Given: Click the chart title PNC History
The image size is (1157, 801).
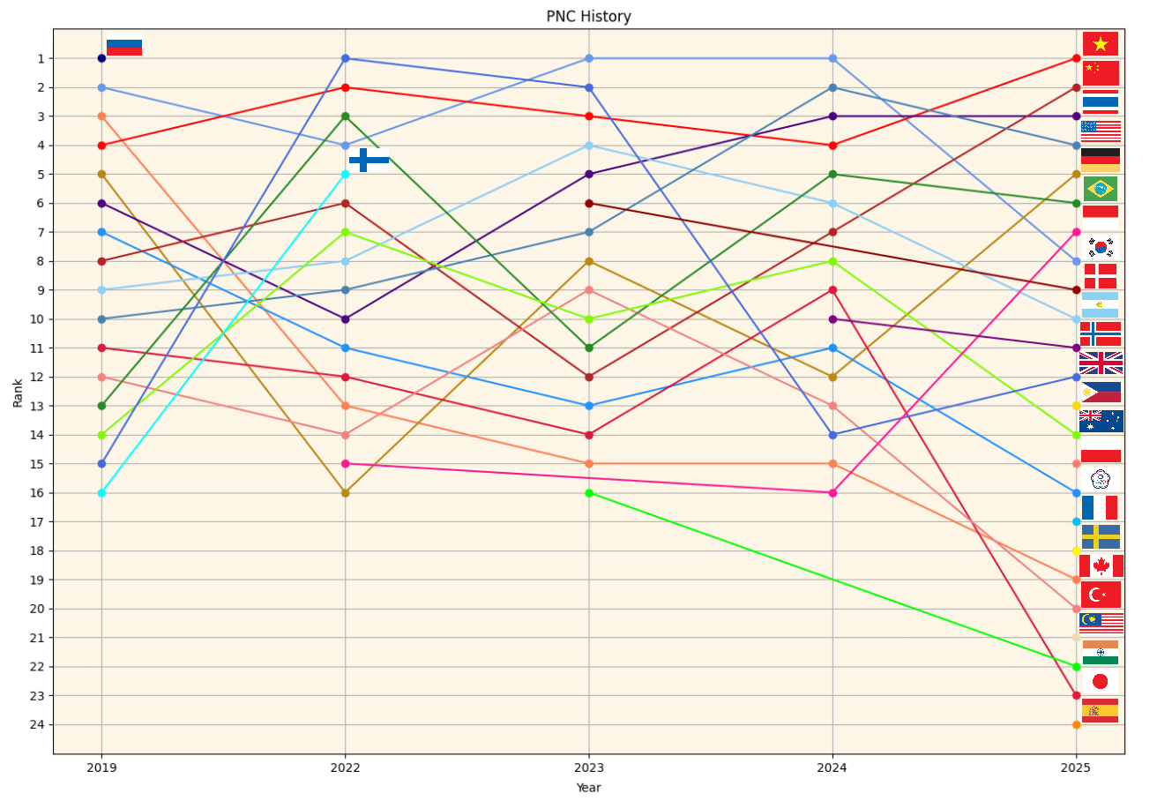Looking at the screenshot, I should (588, 17).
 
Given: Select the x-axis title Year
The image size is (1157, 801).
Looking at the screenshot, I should (588, 787).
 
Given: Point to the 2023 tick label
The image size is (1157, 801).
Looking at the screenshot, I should (588, 768).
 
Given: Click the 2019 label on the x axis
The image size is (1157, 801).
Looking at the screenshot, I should (101, 768).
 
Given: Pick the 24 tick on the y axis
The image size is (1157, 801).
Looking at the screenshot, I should (41, 725).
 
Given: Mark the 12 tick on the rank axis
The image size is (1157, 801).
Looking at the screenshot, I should (41, 378).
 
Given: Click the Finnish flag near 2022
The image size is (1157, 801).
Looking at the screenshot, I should (369, 160).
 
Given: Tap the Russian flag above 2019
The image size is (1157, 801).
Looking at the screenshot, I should (123, 44).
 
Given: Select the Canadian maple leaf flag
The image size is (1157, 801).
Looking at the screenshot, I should (1101, 565).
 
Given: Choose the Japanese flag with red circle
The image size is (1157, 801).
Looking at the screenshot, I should (1100, 681).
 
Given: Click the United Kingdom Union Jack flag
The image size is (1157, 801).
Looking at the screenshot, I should (1101, 363).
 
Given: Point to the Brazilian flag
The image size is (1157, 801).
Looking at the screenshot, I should (1100, 189).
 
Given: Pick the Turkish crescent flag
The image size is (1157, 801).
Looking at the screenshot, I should (1101, 595).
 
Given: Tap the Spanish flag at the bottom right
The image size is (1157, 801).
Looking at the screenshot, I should (1100, 710).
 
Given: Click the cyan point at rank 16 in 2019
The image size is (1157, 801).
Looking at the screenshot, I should (101, 493).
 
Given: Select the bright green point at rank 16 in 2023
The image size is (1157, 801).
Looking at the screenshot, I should (588, 493).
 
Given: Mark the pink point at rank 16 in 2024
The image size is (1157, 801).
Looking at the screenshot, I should (832, 493).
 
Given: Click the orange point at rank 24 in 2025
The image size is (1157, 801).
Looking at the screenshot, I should (1076, 725).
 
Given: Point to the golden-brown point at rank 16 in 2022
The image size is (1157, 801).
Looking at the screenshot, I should (345, 493).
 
